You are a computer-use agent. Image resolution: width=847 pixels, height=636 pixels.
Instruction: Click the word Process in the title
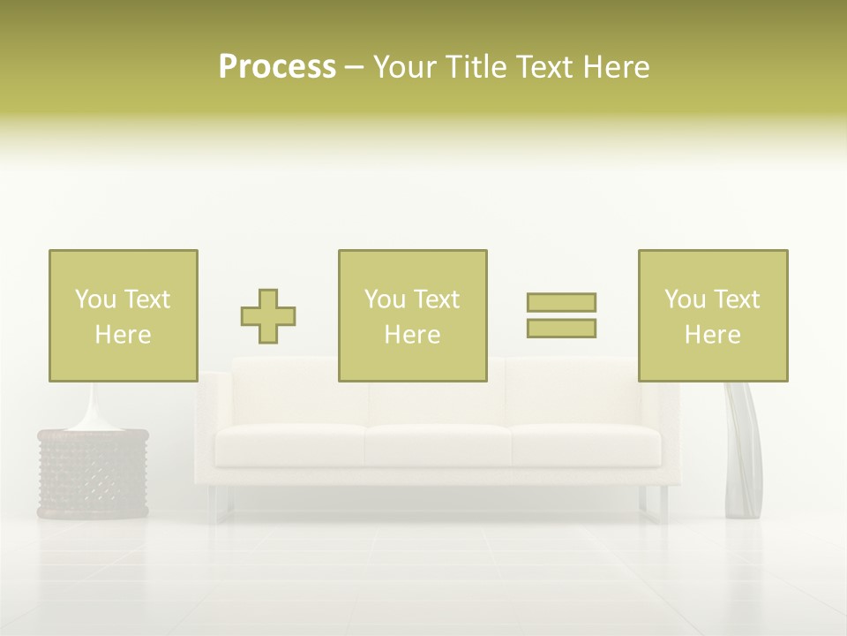coord(277,67)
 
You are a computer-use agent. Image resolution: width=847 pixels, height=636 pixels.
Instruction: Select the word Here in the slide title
coord(616,67)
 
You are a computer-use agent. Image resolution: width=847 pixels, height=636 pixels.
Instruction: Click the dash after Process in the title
coord(354,68)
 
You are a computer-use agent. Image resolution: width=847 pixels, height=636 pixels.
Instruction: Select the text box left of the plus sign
coord(124,315)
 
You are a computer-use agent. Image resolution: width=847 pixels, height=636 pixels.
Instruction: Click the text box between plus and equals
coord(412,315)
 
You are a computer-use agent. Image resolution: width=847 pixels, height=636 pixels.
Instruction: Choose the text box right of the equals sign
coord(713,315)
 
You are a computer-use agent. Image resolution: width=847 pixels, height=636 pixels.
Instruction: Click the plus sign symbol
coord(268,316)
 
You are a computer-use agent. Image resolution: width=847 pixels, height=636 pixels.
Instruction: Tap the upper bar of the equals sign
coord(561,302)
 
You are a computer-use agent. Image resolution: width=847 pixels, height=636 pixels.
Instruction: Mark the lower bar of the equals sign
coord(561,328)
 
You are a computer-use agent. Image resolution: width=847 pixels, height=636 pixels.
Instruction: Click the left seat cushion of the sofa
coord(291,445)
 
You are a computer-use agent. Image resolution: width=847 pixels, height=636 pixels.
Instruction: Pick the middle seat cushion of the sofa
coord(438,445)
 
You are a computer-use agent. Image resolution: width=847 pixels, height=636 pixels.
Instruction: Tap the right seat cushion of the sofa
coord(585,445)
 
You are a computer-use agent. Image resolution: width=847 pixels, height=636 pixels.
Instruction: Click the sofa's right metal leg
coord(654,504)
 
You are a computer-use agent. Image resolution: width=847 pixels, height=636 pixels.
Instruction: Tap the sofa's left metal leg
coord(221,504)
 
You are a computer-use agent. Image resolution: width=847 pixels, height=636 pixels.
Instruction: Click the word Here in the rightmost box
coord(713,335)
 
